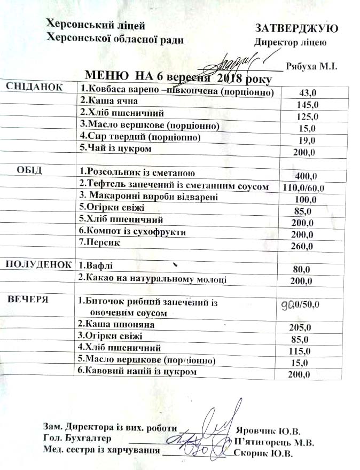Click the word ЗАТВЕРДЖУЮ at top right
[296, 28]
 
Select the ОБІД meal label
[29, 170]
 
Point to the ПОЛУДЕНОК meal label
[38, 264]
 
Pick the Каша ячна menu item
[109, 100]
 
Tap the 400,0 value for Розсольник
[307, 176]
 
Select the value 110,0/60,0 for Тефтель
[302, 187]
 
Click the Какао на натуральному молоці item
[152, 278]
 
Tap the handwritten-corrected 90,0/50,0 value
[300, 304]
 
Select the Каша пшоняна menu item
[116, 324]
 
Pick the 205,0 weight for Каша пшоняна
[299, 328]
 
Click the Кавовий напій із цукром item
[137, 371]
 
